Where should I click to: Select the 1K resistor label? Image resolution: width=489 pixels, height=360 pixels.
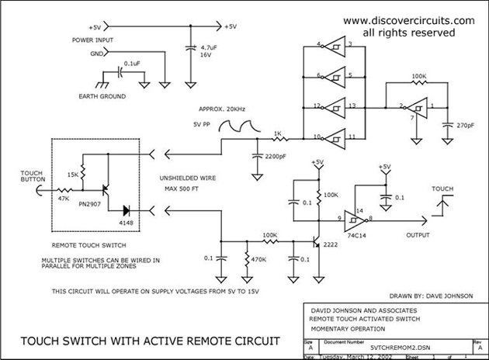click(x=277, y=133)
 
